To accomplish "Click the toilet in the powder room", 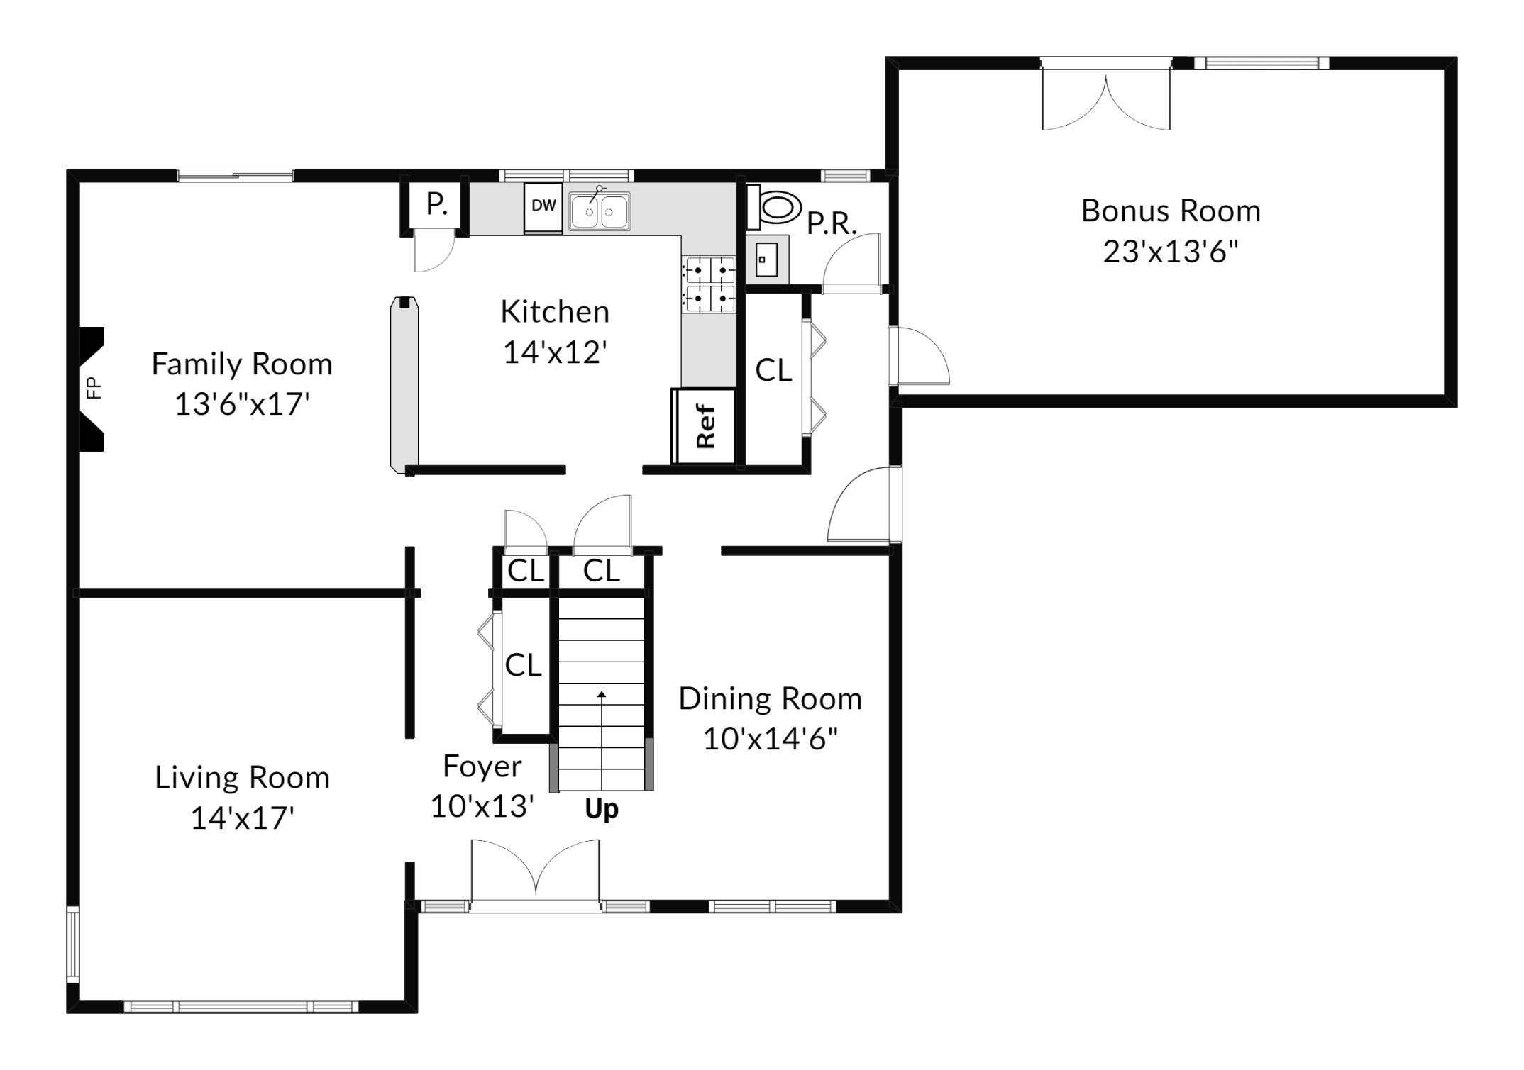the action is [x=775, y=208].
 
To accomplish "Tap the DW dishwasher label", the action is [x=543, y=206].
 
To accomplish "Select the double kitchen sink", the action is [x=600, y=211].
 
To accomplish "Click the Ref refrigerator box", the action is [x=704, y=426].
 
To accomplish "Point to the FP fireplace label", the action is [x=94, y=388].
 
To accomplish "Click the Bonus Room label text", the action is [x=1171, y=211].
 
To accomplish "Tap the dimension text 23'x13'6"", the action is [x=1171, y=251].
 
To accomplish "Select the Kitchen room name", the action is [x=555, y=311].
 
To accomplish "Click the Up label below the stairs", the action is [x=602, y=809].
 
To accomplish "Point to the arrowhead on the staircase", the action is [x=602, y=695].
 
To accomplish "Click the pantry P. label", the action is [x=436, y=204].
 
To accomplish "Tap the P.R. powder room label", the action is [x=832, y=223].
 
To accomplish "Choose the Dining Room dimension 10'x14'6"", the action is [x=771, y=739].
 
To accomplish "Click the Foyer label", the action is [x=482, y=766].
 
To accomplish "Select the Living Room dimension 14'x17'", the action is [x=243, y=818].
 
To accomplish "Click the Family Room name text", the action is [x=242, y=364].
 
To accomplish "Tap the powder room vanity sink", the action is [x=766, y=260].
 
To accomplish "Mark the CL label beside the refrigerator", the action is [x=773, y=370].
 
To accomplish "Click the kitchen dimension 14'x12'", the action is [x=555, y=352].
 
